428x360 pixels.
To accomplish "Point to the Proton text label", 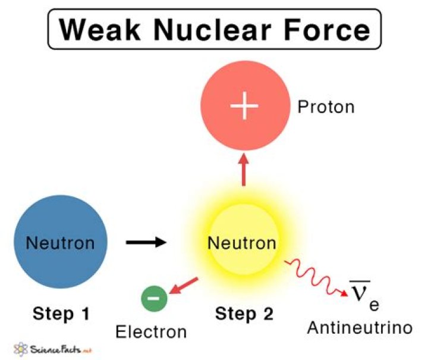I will (x=326, y=107).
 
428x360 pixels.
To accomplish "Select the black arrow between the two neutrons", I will (x=146, y=243).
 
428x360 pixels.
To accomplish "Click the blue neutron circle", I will (x=61, y=243).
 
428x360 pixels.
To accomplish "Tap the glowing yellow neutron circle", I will (x=242, y=243).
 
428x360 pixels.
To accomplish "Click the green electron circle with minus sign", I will (x=155, y=298).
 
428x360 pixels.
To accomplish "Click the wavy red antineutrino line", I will (x=314, y=276).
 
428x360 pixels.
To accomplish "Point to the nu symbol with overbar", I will (x=359, y=293).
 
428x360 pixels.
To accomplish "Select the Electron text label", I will (x=151, y=331).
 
